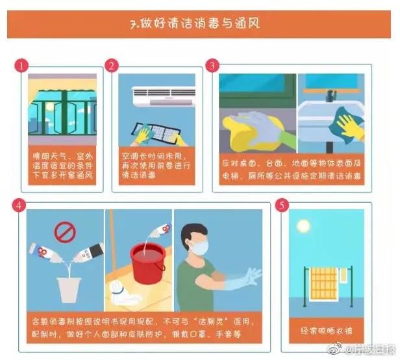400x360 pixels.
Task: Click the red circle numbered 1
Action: click(x=21, y=66)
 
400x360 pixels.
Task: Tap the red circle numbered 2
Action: click(x=112, y=66)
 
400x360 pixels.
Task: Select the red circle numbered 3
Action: click(x=212, y=66)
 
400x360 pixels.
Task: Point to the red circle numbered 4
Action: click(x=19, y=205)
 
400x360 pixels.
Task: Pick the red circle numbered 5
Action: click(x=282, y=205)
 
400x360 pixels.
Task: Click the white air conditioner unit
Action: click(x=163, y=96)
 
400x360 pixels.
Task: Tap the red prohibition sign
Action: click(x=65, y=232)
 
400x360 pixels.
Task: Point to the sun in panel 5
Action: click(x=303, y=226)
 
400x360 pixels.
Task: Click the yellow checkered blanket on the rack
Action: click(x=324, y=283)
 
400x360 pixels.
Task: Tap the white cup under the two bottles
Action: click(x=68, y=290)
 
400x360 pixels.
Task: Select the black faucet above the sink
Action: click(x=331, y=96)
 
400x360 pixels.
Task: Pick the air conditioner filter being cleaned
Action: click(x=156, y=133)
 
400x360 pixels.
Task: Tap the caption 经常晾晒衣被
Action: click(x=327, y=331)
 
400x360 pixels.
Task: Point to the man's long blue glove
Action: click(x=241, y=280)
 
